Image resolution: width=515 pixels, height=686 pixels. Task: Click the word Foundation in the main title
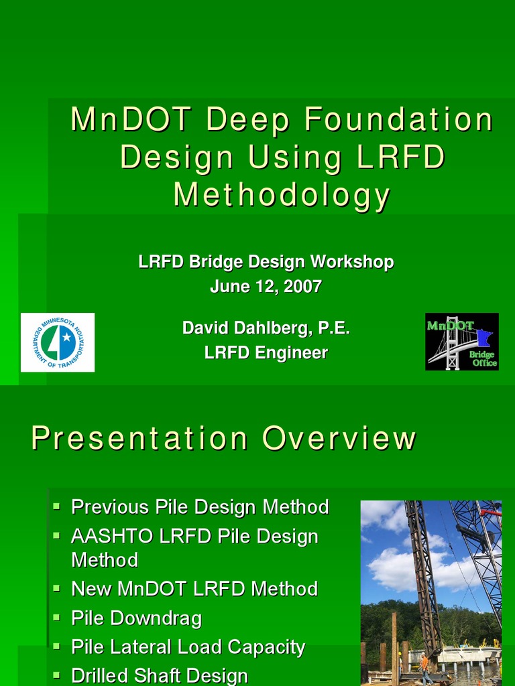(x=398, y=120)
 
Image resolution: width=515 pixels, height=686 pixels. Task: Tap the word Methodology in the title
(x=282, y=195)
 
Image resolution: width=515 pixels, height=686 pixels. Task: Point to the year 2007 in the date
(x=302, y=287)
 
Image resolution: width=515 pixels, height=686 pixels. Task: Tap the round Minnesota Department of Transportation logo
(x=58, y=342)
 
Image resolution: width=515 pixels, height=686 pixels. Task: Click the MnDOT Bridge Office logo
(x=462, y=342)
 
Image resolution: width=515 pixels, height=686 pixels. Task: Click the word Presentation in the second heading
(x=139, y=439)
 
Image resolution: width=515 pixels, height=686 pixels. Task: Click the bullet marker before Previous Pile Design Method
(x=57, y=504)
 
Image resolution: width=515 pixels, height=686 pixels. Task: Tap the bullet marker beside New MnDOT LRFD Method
(x=57, y=587)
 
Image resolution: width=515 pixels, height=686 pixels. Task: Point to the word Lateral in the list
(x=140, y=647)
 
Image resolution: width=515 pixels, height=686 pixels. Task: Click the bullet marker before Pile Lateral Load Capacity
(x=57, y=645)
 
